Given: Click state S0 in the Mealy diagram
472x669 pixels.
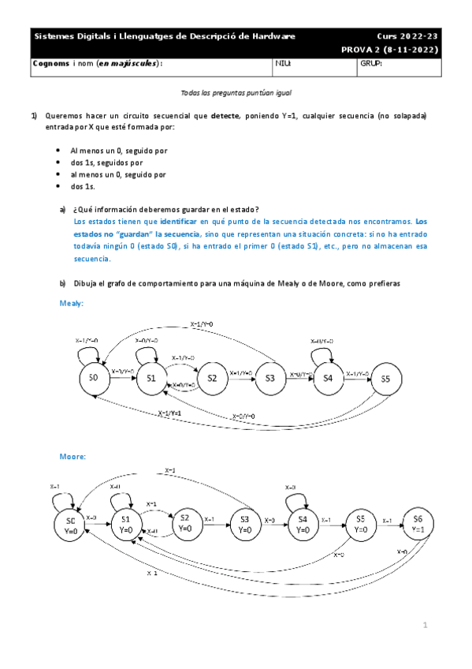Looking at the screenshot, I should (94, 379).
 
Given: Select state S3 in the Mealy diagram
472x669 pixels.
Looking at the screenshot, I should (269, 379).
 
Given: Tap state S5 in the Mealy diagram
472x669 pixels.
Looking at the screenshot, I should (385, 379).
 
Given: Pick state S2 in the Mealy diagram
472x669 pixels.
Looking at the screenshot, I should (212, 379).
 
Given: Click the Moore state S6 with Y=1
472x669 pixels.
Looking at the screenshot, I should (418, 523).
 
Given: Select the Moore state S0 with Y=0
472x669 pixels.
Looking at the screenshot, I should (71, 525).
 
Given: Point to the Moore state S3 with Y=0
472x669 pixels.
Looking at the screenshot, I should (244, 523).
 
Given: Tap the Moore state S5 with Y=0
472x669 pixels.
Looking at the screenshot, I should (360, 523).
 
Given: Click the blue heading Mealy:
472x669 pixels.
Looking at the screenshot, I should (72, 302).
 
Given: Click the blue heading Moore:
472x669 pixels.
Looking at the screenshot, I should (73, 457).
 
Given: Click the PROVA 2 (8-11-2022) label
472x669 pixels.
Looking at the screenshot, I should (390, 49).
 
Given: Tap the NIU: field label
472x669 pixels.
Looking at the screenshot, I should (283, 63).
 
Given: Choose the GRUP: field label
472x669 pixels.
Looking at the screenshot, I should (370, 63).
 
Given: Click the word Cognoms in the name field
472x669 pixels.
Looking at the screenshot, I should (50, 63).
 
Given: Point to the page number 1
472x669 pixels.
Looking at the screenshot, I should (424, 626).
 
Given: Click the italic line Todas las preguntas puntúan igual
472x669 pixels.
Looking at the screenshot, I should (236, 92).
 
